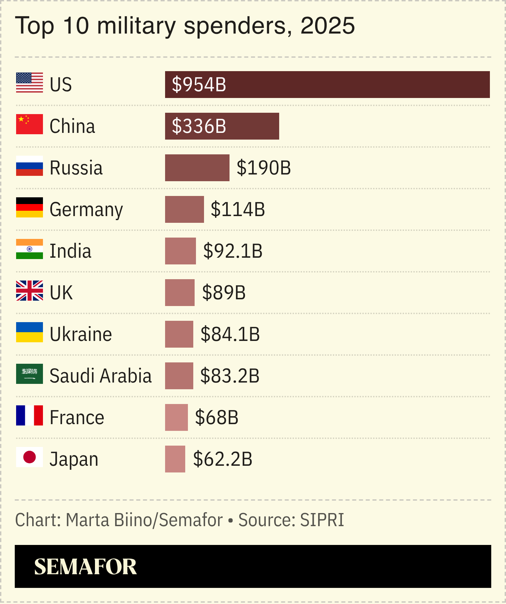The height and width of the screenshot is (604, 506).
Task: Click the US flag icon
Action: tap(30, 83)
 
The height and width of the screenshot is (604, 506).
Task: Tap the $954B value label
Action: tap(199, 85)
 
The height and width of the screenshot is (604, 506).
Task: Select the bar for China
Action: tap(222, 126)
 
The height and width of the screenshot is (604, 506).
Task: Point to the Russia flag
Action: tap(30, 166)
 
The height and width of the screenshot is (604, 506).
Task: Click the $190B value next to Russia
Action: tap(264, 168)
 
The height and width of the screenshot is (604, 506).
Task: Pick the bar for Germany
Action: tap(184, 209)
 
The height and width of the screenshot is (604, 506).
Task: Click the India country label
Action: tap(70, 251)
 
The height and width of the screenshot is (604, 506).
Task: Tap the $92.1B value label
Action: tap(233, 251)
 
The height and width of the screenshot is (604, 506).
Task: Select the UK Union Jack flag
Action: tap(30, 291)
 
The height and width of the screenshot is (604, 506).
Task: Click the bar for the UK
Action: tap(180, 293)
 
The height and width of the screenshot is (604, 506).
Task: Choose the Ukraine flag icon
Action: tap(30, 332)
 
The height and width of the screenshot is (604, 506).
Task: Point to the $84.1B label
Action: tap(230, 334)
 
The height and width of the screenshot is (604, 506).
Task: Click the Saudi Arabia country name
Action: tap(101, 376)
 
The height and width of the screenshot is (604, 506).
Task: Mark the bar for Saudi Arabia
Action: tap(179, 376)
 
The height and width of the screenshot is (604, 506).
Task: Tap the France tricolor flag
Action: tap(30, 415)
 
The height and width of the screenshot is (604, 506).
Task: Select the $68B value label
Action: tap(217, 417)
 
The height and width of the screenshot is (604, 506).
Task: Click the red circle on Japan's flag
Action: tap(30, 457)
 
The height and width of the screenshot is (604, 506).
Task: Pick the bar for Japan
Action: tap(175, 459)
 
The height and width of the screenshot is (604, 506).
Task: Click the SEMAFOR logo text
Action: tap(86, 567)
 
